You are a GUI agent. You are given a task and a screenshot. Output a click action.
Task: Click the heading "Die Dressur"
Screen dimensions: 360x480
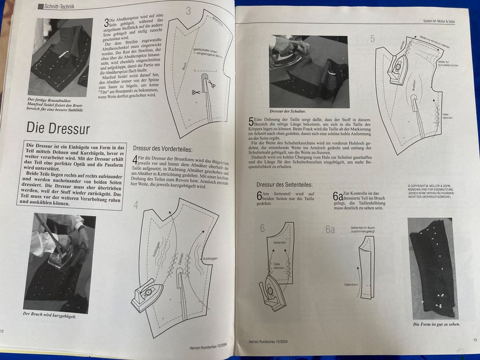point(58,128)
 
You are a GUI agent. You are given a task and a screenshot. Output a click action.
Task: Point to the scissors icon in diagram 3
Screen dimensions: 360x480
point(196,92)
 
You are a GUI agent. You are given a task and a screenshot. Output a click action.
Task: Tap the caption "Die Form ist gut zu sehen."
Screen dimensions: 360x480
point(435,324)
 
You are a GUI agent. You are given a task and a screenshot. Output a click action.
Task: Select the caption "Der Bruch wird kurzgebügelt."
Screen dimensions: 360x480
point(49,315)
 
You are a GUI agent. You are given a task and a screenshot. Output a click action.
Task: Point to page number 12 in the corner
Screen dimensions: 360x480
point(2,331)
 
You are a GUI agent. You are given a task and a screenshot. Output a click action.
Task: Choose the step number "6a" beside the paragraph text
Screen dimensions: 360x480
point(338,196)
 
